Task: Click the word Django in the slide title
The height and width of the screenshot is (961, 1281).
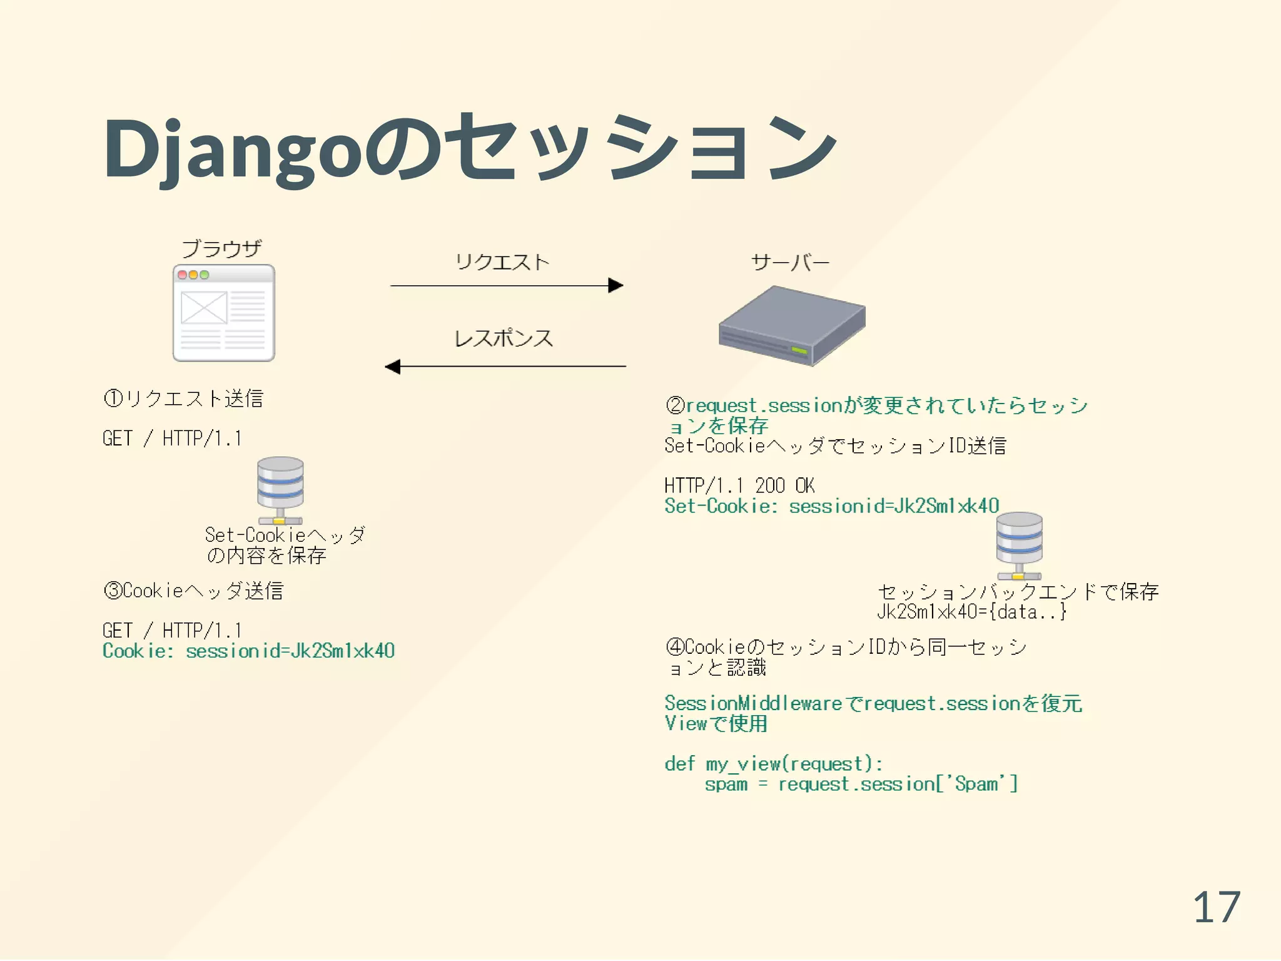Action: pos(231,150)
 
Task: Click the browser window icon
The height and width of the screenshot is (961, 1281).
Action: pos(223,313)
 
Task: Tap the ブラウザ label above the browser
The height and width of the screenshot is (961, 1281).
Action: pos(221,249)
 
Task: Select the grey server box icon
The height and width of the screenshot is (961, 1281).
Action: pos(792,325)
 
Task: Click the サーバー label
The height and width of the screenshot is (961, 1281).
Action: pos(790,263)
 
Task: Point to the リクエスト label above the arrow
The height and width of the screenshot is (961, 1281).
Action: pos(502,262)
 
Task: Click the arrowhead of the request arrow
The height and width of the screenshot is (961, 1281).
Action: pos(615,286)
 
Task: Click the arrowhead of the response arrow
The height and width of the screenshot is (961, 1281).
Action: pos(393,367)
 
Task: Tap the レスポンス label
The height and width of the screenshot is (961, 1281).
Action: pos(504,338)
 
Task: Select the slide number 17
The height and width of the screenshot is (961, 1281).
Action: pos(1216,907)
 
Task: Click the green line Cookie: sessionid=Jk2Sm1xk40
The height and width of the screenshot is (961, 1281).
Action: pos(248,651)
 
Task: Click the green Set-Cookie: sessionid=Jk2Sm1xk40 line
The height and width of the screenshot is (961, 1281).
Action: pos(831,506)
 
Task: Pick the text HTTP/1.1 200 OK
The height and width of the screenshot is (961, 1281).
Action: pos(739,486)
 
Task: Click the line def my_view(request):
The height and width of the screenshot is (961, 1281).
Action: pos(773,764)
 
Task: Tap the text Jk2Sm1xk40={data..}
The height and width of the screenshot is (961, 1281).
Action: pos(971,612)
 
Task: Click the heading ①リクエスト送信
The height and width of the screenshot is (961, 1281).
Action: pos(183,399)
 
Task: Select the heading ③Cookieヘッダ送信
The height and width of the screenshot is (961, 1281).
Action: pos(193,591)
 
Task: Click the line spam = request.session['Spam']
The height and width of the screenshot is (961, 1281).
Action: pos(861,784)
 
